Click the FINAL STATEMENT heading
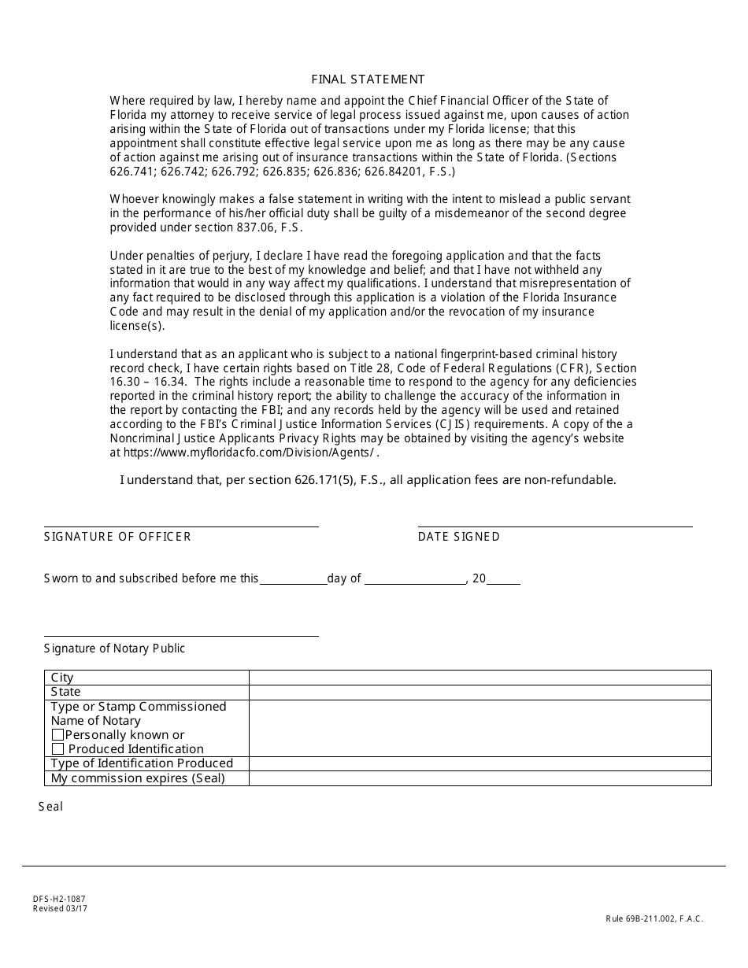coord(368,79)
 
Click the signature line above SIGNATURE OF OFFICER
coord(181,525)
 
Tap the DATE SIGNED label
coord(458,537)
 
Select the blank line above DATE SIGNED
coord(555,525)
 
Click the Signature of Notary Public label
coord(115,648)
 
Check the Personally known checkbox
coord(57,735)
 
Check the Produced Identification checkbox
coord(57,749)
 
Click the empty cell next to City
coord(480,678)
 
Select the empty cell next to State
coord(480,692)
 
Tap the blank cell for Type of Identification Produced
coord(480,763)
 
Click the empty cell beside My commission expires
coord(480,778)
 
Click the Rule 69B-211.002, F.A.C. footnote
coord(654,918)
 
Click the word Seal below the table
coord(50,807)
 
